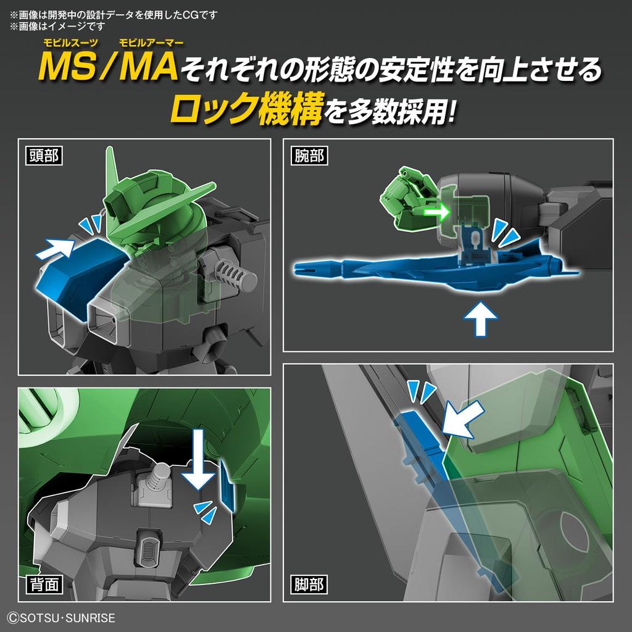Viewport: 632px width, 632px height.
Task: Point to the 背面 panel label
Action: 44,583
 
